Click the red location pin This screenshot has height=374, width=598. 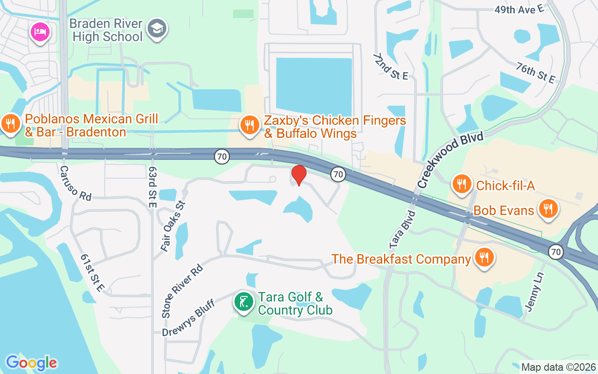tap(299, 175)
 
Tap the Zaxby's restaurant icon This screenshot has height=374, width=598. tap(250, 125)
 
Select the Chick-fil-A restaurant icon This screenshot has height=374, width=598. tap(462, 184)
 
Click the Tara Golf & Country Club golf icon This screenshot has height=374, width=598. tap(244, 302)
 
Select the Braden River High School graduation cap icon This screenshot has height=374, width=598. tap(157, 29)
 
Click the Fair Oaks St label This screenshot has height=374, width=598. tap(173, 226)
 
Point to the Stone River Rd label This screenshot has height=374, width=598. tap(182, 291)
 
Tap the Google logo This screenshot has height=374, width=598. tap(31, 363)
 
